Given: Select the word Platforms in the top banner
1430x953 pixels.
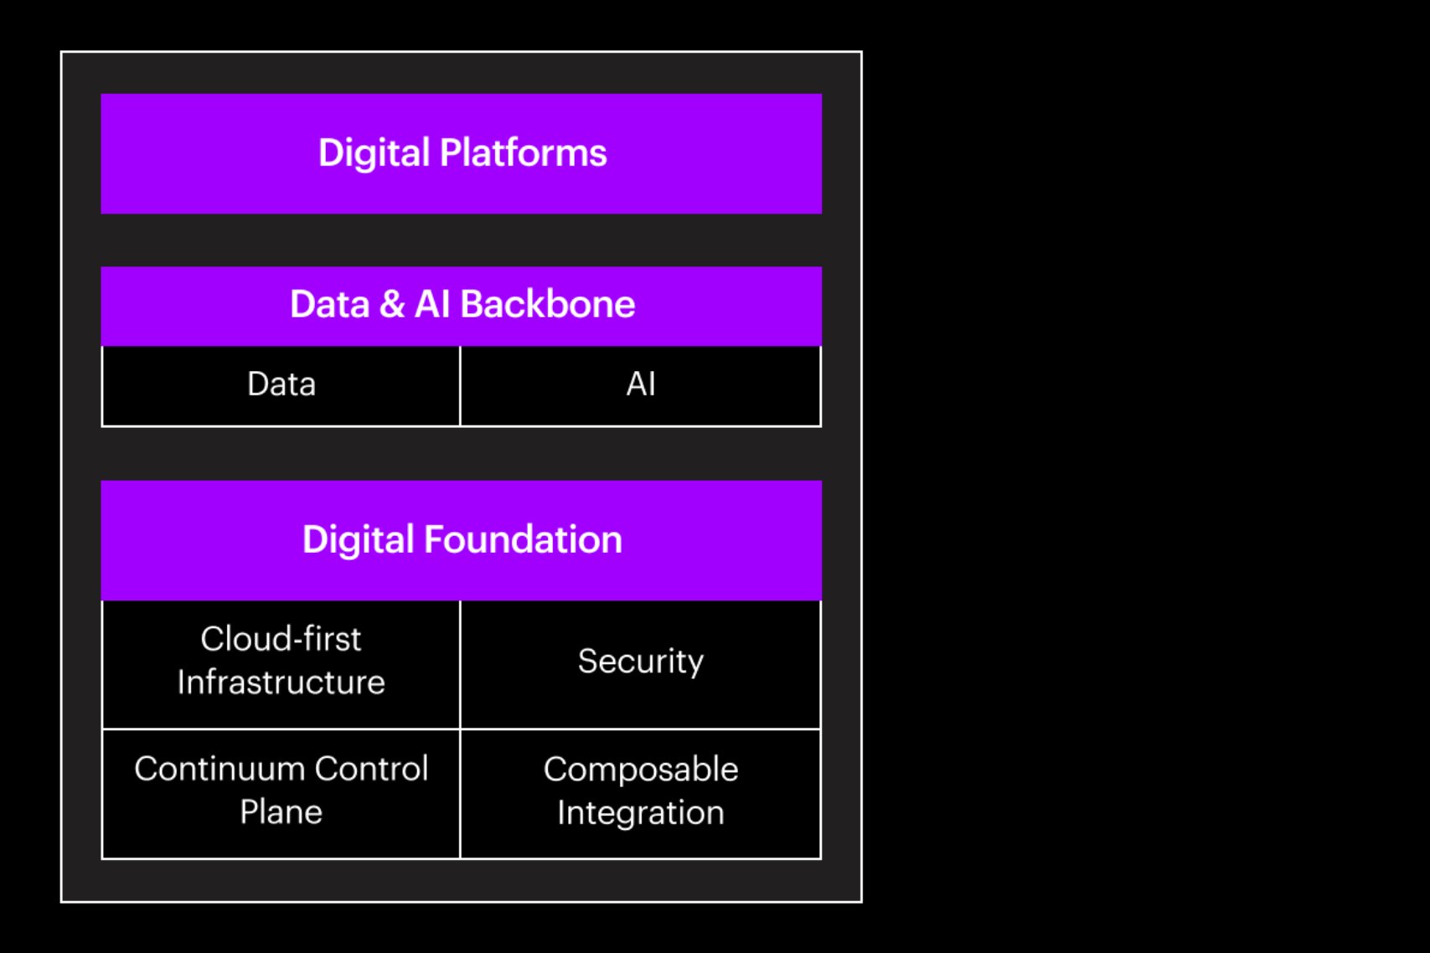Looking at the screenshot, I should pos(523,153).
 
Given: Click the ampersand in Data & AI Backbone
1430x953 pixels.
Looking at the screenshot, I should pos(391,304).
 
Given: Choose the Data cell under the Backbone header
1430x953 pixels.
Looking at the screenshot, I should pos(281,384).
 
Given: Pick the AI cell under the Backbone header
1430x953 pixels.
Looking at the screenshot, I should pos(641,384).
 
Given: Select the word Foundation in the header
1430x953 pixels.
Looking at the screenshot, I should pos(523,540).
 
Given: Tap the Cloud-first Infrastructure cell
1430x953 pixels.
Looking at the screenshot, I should pos(281,662).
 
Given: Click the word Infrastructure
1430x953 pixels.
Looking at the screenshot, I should pos(281,683).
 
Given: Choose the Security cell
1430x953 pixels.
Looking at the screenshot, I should pos(641,662).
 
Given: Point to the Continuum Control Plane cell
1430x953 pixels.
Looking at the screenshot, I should pos(281,791).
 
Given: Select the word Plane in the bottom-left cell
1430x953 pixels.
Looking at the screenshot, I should pos(281,812).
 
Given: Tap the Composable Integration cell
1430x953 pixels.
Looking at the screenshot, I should pos(641,791).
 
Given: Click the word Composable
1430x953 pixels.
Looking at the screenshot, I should pos(641,770).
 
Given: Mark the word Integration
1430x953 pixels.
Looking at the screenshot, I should pos(641,813).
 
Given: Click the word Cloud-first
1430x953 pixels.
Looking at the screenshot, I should pos(281,639).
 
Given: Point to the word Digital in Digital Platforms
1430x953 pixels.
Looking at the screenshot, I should pos(374,153).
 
